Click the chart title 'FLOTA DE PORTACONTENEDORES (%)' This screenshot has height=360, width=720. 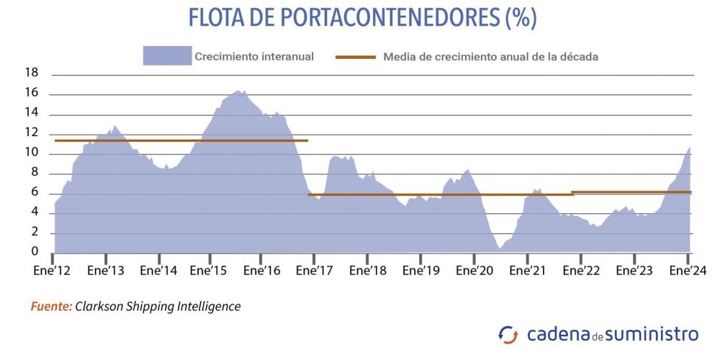click(x=362, y=18)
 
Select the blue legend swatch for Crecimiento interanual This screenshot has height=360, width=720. click(x=166, y=56)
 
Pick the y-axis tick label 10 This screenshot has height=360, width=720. click(x=31, y=153)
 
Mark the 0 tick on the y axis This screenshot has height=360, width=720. click(x=34, y=251)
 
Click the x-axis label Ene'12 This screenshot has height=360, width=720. click(x=53, y=271)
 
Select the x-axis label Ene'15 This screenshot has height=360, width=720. click(x=210, y=271)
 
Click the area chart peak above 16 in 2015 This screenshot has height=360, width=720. click(x=238, y=91)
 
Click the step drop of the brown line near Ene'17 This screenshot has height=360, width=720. click(x=308, y=167)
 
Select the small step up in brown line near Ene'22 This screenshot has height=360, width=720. click(x=572, y=193)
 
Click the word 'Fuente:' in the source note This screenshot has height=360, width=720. click(x=51, y=307)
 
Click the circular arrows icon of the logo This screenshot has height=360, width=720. click(x=508, y=335)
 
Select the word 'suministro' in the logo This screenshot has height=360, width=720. click(x=655, y=334)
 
